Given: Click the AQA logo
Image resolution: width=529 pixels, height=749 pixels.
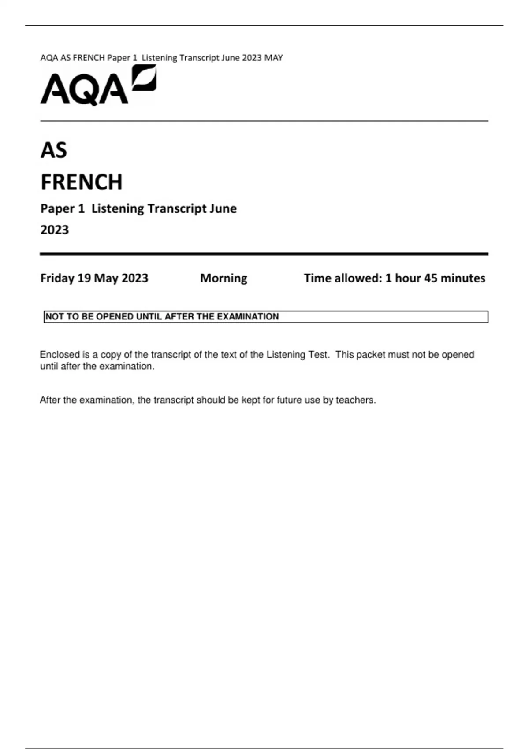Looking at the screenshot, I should [98, 86].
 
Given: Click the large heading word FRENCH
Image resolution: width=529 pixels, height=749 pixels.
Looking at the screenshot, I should [82, 182].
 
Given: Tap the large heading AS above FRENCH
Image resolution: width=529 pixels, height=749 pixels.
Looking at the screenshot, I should [54, 150].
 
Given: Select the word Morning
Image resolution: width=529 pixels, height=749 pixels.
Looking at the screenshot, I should [224, 278].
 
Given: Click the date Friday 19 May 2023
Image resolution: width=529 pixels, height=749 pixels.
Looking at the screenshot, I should [94, 278].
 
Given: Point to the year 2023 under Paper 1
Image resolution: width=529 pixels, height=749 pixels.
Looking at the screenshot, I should [55, 230].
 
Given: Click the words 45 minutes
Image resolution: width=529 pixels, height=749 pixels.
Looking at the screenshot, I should [454, 278].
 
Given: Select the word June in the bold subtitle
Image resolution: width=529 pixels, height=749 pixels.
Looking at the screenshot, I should [223, 208].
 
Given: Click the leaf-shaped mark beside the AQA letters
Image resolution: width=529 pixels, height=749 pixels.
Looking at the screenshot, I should [145, 78].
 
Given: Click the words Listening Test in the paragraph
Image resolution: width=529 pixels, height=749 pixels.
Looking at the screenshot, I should [298, 355].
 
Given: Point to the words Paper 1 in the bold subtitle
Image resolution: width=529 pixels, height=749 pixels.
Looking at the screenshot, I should [62, 208].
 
